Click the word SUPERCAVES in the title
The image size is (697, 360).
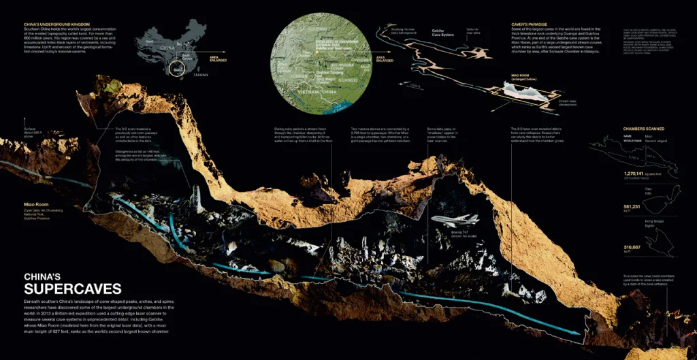(x=73, y=288)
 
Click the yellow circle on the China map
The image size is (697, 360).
(x=179, y=69)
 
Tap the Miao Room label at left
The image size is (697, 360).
(x=36, y=203)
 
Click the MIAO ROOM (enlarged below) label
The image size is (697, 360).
(x=523, y=78)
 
